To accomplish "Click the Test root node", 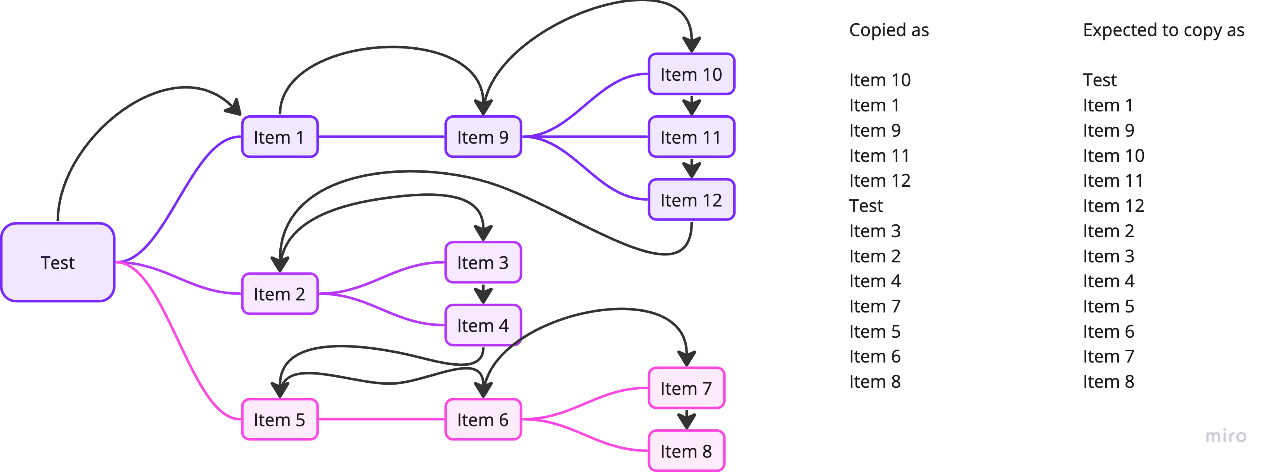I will point(58,262).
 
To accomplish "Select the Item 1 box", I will point(279,137).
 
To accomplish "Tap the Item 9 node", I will point(483,137).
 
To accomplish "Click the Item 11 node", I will point(691,137).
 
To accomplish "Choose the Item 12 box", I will point(691,200).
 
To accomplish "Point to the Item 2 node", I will point(279,294).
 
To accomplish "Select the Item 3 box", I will point(483,262).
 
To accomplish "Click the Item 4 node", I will point(483,325).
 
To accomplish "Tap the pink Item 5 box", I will point(279,420).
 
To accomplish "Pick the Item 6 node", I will point(483,420).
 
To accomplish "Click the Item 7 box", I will point(686,388).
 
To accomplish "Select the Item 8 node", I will point(686,451).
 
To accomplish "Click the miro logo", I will point(1226,436).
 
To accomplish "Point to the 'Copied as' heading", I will point(889,30).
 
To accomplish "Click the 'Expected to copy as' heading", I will point(1163,30).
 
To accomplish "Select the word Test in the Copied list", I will point(866,206).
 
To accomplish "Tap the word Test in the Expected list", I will point(1099,79).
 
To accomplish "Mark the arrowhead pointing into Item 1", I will point(233,107).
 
